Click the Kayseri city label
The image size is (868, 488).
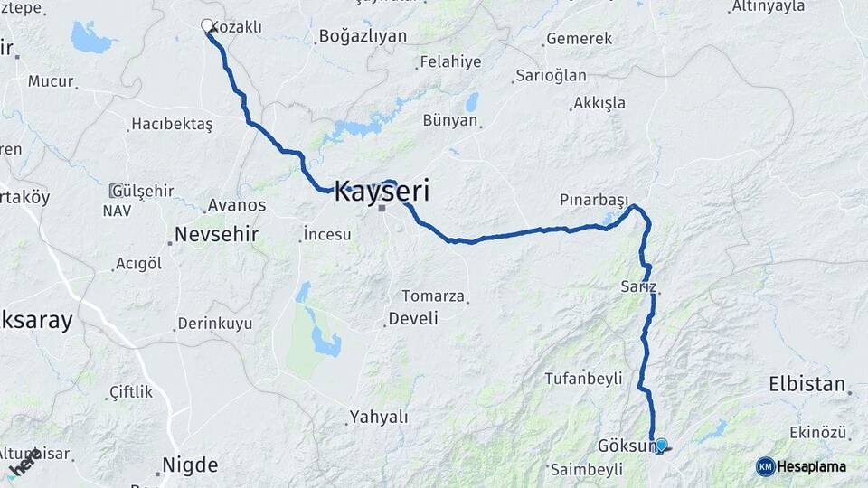[382, 192]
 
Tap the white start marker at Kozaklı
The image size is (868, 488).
[207, 26]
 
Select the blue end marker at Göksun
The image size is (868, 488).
[661, 445]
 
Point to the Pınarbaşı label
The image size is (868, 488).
[593, 199]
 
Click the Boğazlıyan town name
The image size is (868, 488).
[363, 37]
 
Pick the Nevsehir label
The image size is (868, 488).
[216, 234]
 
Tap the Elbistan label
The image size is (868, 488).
[807, 383]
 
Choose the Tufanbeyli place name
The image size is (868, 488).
[583, 379]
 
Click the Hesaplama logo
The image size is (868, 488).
[801, 466]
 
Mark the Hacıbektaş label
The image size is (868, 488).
[172, 124]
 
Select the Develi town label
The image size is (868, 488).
[412, 318]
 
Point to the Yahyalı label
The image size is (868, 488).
[378, 418]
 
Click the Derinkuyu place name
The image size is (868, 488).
[215, 324]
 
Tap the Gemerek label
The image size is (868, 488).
[579, 40]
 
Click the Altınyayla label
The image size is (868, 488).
[768, 7]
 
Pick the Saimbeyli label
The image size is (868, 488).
[586, 470]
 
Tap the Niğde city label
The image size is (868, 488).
[190, 465]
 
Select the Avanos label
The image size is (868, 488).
[236, 205]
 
